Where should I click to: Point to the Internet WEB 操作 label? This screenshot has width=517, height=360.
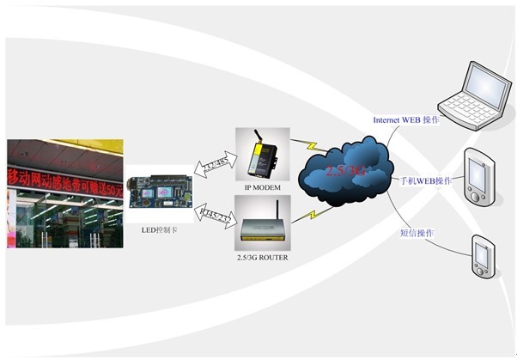pyautogui.click(x=406, y=119)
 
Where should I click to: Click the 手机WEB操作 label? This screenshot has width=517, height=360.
pyautogui.click(x=426, y=181)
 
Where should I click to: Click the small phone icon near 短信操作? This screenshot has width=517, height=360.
pyautogui.click(x=482, y=255)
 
